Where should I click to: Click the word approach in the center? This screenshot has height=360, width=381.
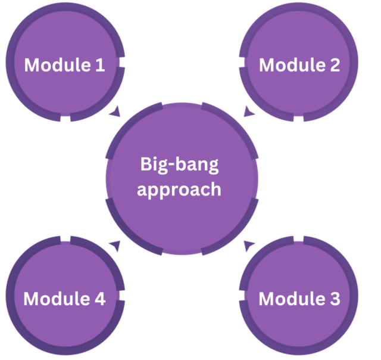point(179,190)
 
